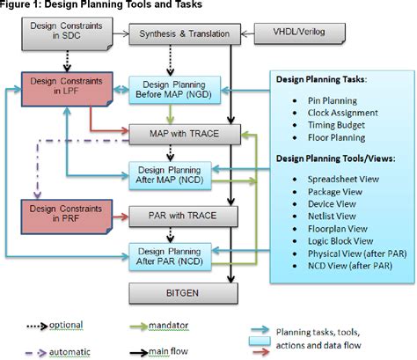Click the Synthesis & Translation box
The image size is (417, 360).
pyautogui.click(x=180, y=35)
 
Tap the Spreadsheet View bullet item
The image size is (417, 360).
pyautogui.click(x=338, y=176)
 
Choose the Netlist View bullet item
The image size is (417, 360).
pyautogui.click(x=329, y=213)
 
